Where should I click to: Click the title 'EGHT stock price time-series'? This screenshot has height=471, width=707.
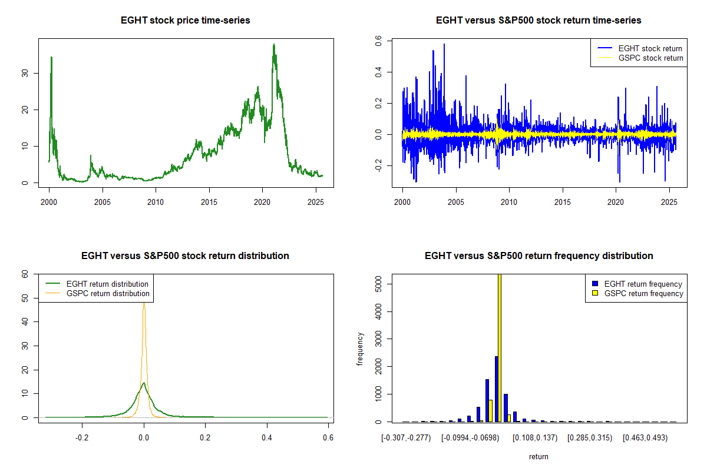point(185,21)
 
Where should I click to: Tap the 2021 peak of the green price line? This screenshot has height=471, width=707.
point(273,45)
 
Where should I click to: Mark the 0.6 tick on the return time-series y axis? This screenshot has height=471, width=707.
point(379,41)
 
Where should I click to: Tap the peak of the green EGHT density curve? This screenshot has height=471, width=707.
point(144,383)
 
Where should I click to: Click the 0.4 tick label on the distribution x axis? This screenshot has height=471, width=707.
point(267,438)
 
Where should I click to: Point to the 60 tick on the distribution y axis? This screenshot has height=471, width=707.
point(25,274)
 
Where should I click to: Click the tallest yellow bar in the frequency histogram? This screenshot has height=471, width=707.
point(500,347)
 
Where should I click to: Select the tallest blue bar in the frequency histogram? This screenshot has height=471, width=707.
point(496,389)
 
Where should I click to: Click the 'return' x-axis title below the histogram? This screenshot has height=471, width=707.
point(538,456)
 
